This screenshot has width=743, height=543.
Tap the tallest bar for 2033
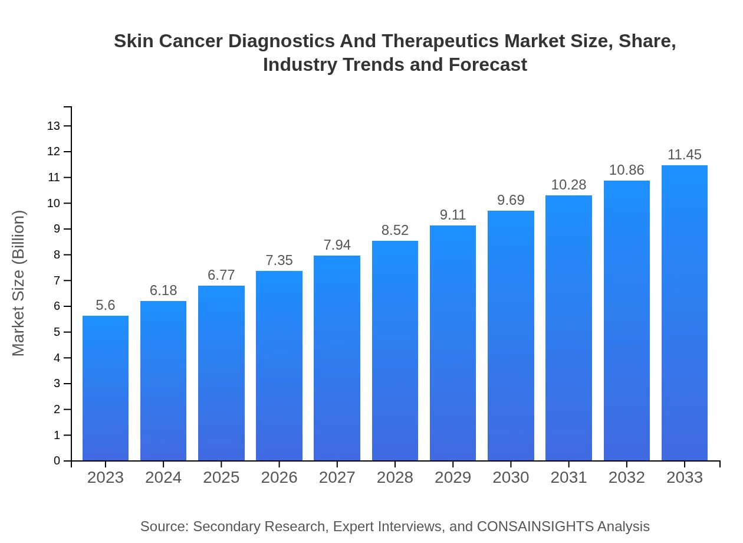[685, 313]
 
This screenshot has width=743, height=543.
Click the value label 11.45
[685, 155]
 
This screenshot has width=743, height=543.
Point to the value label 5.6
[106, 305]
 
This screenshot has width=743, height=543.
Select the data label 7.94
[337, 245]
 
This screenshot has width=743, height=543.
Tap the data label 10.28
[568, 185]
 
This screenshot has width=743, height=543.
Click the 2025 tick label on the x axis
[221, 477]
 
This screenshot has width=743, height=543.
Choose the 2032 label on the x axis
[627, 477]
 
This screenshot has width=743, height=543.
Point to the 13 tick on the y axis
[54, 126]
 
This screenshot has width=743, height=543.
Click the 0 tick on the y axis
[57, 461]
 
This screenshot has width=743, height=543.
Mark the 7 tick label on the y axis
[57, 280]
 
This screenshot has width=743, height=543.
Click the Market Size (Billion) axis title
[19, 283]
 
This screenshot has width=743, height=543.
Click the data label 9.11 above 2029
[453, 215]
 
